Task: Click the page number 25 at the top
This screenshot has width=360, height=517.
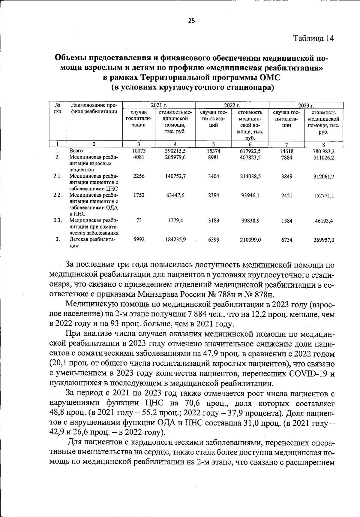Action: (x=191, y=21)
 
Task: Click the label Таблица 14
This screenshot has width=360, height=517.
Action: (x=314, y=39)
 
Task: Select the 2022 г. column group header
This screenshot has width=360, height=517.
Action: (x=232, y=105)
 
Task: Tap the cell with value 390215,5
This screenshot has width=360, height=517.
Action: (x=175, y=151)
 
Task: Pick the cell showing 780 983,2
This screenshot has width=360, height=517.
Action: (x=324, y=151)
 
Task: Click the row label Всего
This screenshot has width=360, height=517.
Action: (x=76, y=151)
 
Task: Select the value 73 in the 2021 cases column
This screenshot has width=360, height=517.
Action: (x=139, y=220)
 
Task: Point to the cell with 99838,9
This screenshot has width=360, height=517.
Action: (x=250, y=221)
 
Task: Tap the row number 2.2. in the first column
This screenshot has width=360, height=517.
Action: (x=58, y=195)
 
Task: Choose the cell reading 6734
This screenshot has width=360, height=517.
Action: (x=286, y=240)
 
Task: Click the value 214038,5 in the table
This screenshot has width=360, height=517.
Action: (x=250, y=177)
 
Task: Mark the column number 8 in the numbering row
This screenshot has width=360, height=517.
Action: (x=323, y=144)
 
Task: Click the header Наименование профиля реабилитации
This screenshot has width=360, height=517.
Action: (x=94, y=109)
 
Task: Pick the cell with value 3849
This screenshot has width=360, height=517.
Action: (x=286, y=177)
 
